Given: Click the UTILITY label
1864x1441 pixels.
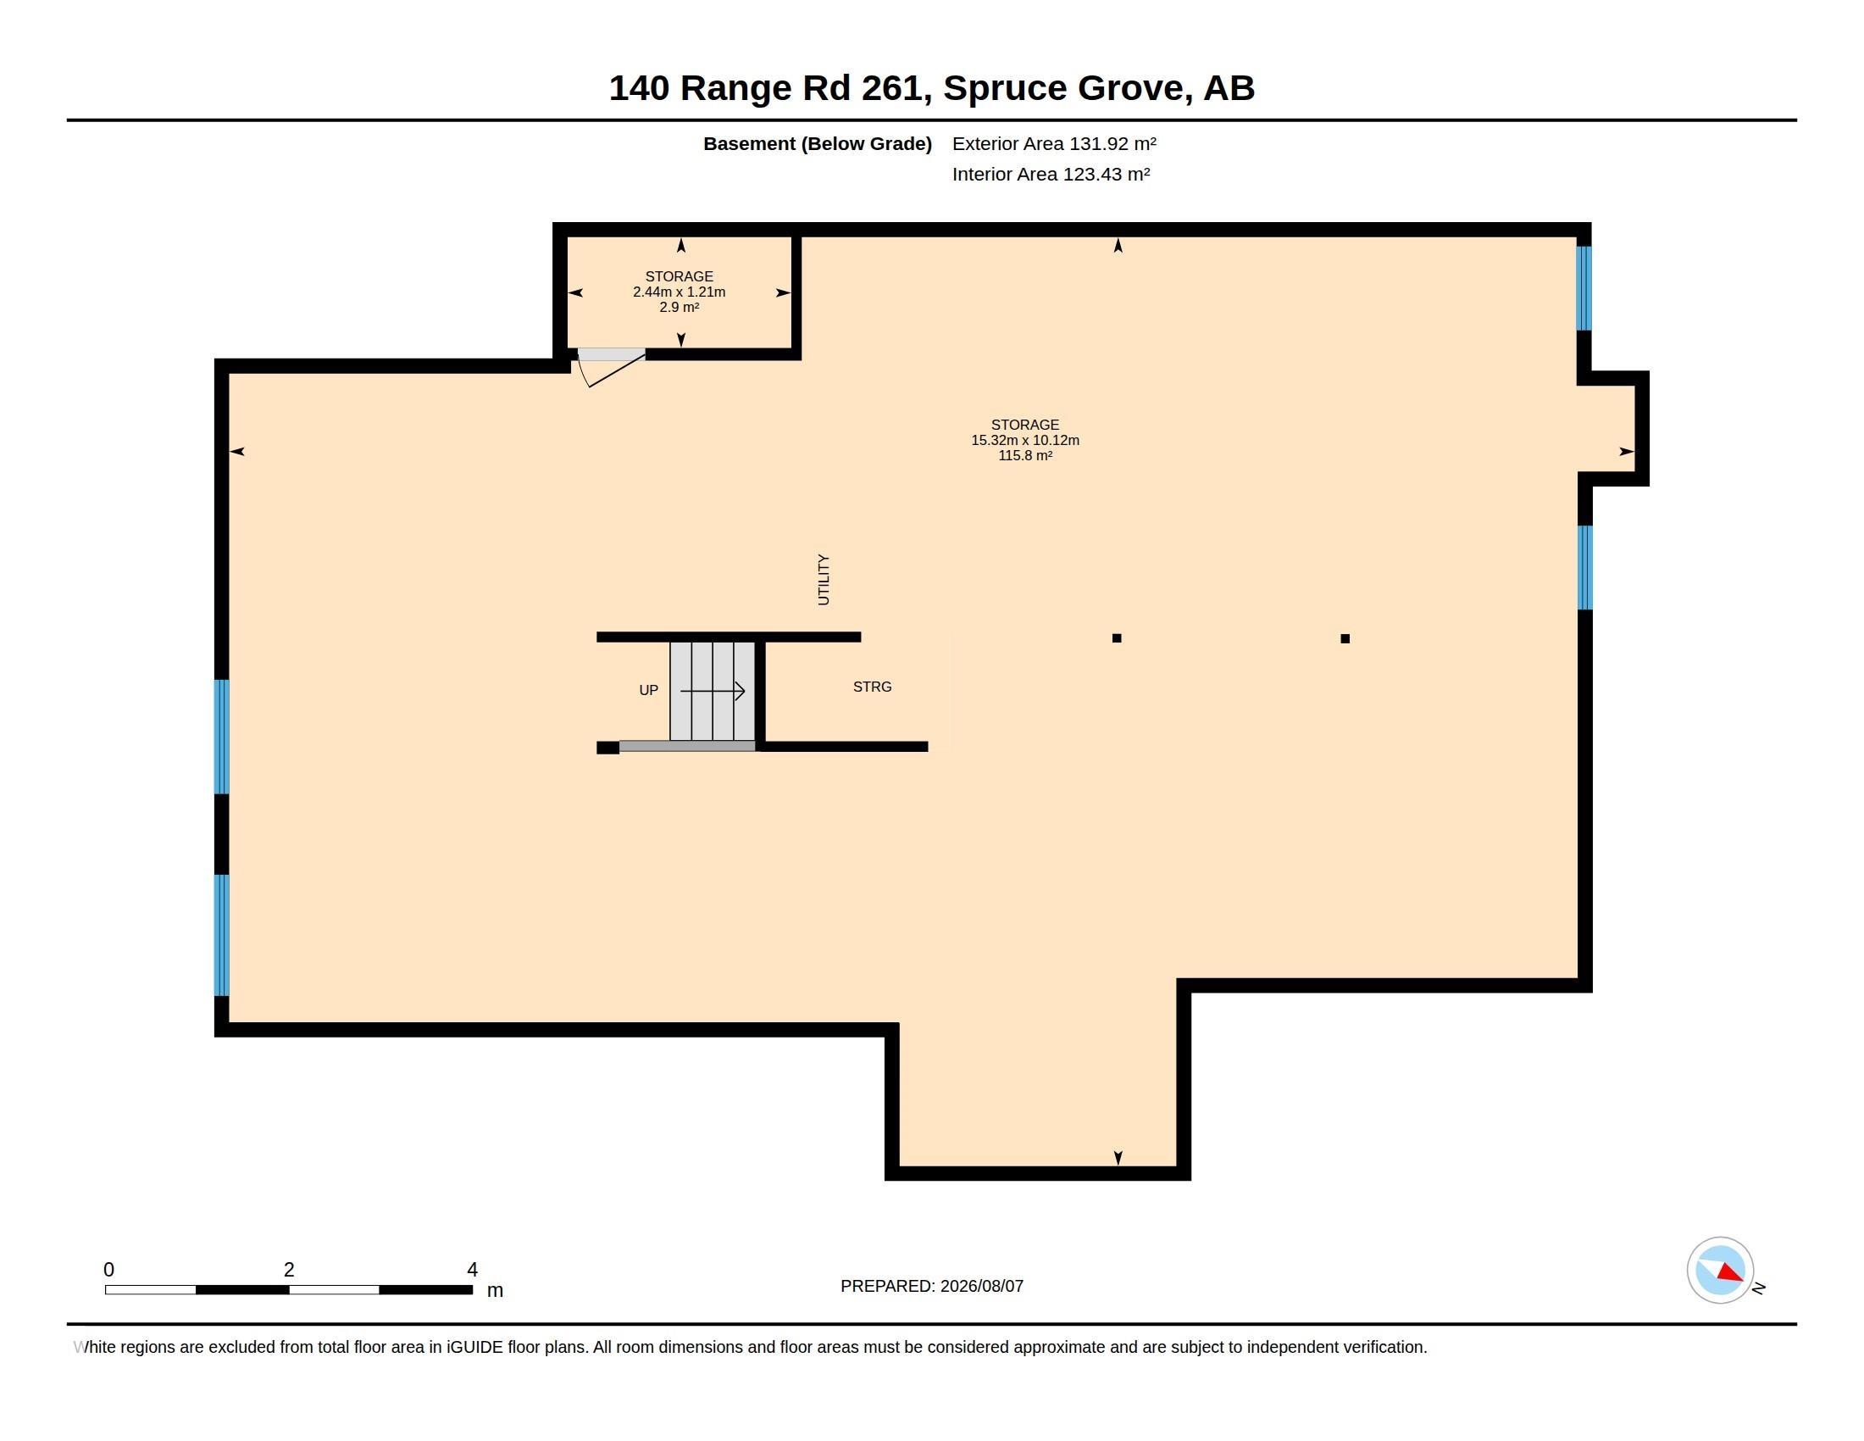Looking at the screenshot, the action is point(823,580).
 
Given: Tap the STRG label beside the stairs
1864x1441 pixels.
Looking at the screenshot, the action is point(872,687).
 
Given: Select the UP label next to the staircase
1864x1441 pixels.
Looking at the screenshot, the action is point(649,690).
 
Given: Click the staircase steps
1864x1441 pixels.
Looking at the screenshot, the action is point(713,691).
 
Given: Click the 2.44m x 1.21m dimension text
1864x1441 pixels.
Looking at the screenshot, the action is point(680,292).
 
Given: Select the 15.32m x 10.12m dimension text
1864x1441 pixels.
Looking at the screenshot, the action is point(1025,441).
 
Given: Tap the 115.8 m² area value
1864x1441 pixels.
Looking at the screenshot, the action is point(1025,456).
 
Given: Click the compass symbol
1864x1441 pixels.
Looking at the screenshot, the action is point(1721,1271).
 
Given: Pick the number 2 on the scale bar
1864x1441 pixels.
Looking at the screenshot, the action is point(289,1270).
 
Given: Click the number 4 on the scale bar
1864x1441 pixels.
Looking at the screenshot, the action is point(472,1270).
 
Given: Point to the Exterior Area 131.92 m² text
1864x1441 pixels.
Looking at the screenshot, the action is point(1054,143).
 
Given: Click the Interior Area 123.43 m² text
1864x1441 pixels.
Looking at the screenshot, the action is point(1051,174).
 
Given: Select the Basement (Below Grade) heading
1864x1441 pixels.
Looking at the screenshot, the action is point(817,143).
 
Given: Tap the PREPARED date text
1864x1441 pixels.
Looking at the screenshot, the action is point(932,1286).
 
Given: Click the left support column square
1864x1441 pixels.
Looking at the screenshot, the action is point(1117,637).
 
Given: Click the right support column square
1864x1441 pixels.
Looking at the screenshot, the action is point(1345,638).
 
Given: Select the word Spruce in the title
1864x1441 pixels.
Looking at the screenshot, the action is point(1005,88).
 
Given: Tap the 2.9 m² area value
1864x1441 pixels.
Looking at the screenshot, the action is point(680,308).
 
